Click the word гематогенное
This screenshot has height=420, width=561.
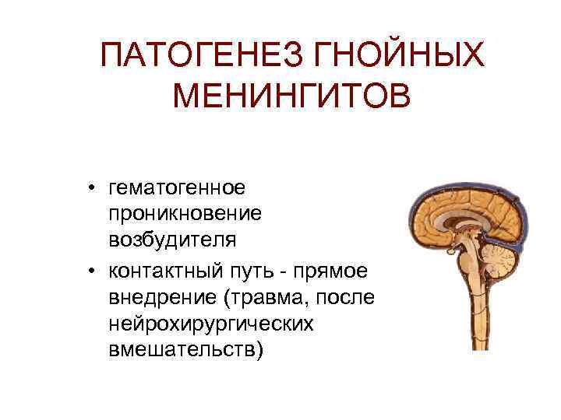(178, 187)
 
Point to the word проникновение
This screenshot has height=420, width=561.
(185, 212)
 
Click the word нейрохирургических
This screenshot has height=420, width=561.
(211, 323)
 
